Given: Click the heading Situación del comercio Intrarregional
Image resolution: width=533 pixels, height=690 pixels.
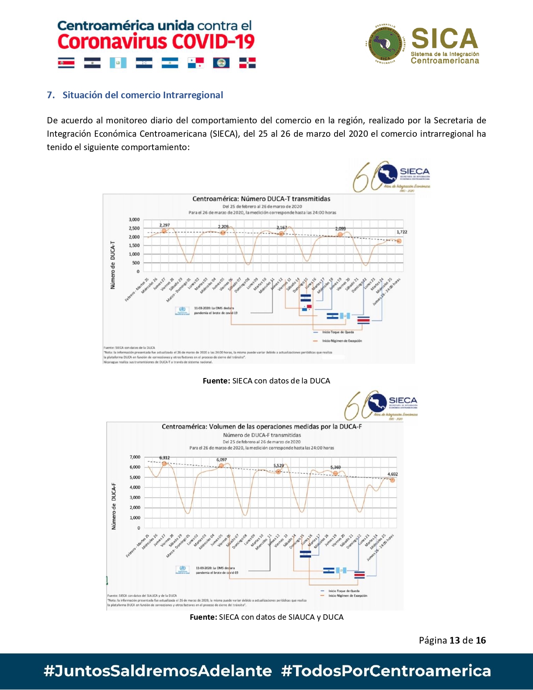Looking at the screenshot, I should click(143, 95).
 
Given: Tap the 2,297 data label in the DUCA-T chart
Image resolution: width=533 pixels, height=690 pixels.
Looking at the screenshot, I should click(164, 225).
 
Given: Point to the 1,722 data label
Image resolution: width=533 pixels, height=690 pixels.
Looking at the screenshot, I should click(401, 232).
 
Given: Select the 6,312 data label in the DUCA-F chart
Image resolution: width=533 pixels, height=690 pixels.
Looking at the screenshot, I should click(164, 458).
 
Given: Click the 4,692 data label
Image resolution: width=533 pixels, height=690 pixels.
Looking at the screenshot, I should click(393, 474).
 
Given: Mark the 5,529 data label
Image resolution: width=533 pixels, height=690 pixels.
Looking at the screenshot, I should click(278, 465).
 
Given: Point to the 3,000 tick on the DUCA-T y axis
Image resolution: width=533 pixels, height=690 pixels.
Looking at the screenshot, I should click(134, 220).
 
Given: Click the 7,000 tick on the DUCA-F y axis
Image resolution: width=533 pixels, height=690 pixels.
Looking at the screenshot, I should click(135, 457).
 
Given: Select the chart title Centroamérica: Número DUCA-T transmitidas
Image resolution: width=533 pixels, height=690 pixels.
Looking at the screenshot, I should click(261, 199).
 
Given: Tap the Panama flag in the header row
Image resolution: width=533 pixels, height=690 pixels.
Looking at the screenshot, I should click(196, 63).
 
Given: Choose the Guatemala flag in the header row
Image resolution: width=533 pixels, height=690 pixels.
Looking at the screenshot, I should click(118, 63).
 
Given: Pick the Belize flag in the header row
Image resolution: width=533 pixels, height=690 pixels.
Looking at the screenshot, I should click(221, 63).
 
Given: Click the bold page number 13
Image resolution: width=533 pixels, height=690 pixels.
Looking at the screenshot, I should click(454, 640).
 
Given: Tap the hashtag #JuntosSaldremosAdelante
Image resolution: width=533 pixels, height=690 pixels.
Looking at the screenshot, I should click(158, 671).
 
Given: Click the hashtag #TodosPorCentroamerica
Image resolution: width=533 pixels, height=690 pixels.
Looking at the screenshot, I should click(386, 671).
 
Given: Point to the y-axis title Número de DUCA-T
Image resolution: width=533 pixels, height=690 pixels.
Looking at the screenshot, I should click(112, 265).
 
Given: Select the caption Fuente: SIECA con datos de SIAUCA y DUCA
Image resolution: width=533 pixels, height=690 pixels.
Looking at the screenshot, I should click(266, 617).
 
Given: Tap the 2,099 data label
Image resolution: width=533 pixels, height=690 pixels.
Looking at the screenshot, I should click(340, 229).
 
